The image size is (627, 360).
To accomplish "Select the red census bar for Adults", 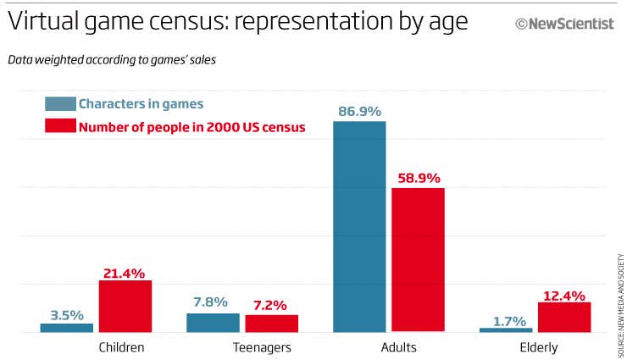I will coord(418,259).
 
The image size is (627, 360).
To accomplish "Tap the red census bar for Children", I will coord(125,306).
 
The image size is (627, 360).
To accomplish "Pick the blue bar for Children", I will coord(67,327).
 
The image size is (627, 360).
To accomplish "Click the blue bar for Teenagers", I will coord(213,322).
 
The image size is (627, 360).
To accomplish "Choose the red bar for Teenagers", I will coord(271,323).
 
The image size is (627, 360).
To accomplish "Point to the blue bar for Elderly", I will coord(506,330).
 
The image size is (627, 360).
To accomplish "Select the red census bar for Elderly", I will coord(564,316).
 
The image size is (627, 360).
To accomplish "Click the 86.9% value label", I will coord(358,111).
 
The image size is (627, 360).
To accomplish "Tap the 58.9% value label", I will coord(418,178).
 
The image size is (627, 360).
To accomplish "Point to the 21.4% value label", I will coord(125,272).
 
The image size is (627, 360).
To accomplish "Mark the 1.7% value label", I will coord(508,320).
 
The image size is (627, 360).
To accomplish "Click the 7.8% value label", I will coord(210,302).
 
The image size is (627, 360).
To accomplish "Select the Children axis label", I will coord(121,347).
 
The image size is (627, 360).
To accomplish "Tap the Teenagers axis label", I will coord(262,347).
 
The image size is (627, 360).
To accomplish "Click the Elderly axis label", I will coord(539,347).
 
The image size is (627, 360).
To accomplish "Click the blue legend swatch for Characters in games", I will coord(59,104).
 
